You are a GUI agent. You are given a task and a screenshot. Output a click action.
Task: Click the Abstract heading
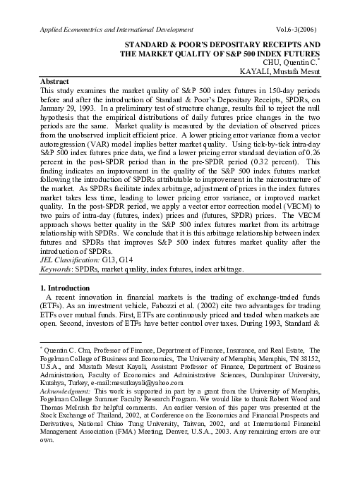click(58, 82)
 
